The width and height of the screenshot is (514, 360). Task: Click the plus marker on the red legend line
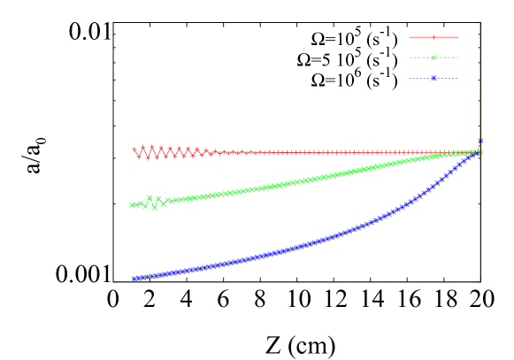click(433, 37)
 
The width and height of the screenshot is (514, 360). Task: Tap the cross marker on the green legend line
click(433, 57)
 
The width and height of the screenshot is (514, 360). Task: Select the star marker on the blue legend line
click(433, 78)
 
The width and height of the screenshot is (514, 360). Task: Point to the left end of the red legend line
click(410, 37)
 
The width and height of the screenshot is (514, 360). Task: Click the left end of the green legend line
click(410, 57)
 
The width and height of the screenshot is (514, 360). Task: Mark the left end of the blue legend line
click(410, 78)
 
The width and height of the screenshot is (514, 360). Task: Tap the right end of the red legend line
click(458, 37)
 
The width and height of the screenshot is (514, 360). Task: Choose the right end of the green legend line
click(458, 57)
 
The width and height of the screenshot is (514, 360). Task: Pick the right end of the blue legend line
click(458, 78)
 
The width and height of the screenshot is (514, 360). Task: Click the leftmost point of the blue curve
click(134, 279)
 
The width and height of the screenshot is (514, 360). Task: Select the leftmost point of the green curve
click(132, 205)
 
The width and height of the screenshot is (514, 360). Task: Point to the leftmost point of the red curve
click(134, 150)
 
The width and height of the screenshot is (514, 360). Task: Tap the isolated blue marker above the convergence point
click(480, 141)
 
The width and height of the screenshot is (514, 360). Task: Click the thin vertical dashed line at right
click(479, 88)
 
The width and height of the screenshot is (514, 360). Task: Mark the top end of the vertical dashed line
click(479, 24)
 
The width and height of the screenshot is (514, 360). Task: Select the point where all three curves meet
click(479, 152)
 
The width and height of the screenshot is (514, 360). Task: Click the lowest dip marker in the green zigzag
click(155, 208)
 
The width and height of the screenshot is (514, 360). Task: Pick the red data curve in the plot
click(310, 152)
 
